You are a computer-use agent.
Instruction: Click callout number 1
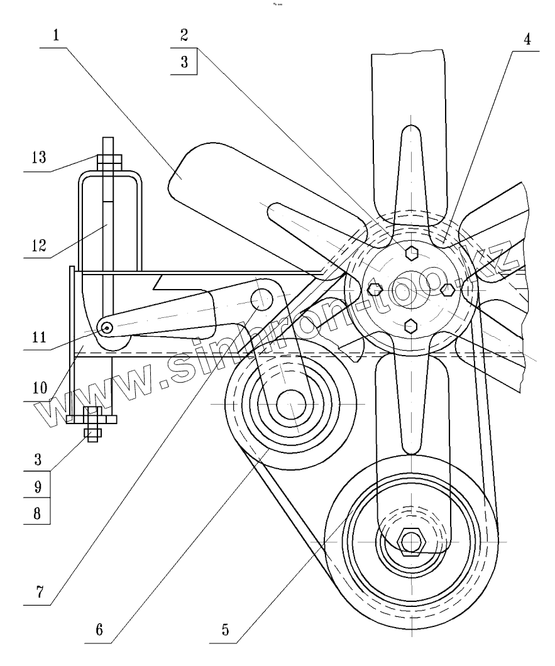pos(57,35)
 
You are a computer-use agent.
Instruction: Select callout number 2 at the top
pos(184,35)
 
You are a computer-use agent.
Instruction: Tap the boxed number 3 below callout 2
pos(184,63)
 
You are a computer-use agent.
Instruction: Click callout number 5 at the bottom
pos(224,630)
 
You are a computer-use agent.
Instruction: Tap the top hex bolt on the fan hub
pos(410,253)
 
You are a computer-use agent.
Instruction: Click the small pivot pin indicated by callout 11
pos(107,327)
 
